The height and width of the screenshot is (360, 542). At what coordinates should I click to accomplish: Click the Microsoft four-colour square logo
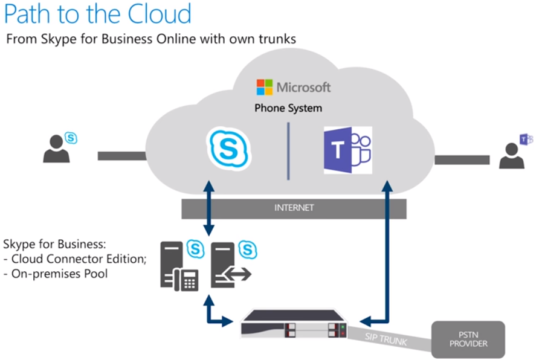(x=264, y=87)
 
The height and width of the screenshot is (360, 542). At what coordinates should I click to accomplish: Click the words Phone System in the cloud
(x=288, y=109)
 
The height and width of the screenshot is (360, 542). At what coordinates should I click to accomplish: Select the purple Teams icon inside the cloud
(x=348, y=150)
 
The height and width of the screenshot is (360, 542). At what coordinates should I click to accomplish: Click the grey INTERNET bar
(x=294, y=208)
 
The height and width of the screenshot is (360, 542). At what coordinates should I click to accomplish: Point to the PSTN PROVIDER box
(x=468, y=339)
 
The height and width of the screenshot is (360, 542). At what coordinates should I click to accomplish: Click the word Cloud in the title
(x=161, y=14)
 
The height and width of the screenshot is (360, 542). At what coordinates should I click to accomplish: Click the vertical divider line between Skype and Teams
(x=288, y=150)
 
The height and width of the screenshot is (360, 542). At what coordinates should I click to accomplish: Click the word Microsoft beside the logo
(x=303, y=87)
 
